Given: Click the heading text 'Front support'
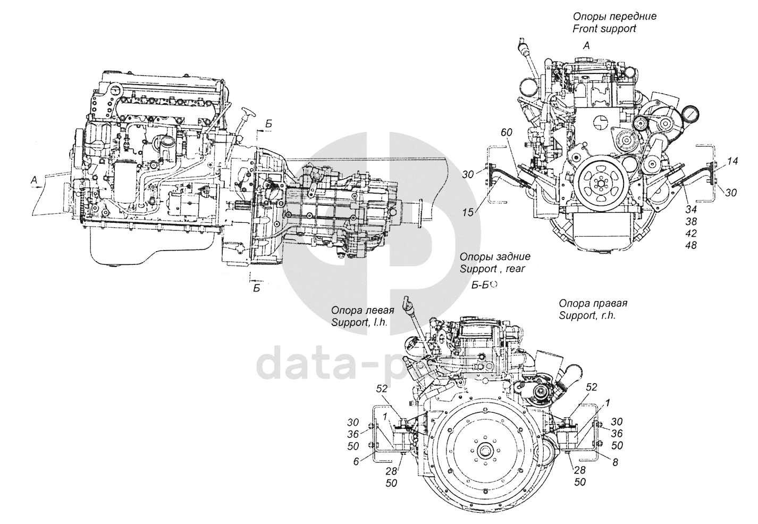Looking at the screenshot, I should click(x=604, y=29).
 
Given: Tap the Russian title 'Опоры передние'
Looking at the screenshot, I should click(x=614, y=16).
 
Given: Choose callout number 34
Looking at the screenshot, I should click(x=691, y=208).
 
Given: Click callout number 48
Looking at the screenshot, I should click(x=691, y=245).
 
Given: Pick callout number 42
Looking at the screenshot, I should click(x=691, y=233).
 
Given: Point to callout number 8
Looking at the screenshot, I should click(x=615, y=463).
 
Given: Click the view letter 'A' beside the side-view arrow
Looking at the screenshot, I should click(x=34, y=181).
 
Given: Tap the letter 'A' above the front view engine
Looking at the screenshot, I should click(x=586, y=46).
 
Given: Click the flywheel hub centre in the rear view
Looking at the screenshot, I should click(x=484, y=450).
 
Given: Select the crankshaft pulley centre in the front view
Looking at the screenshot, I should click(x=600, y=186).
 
